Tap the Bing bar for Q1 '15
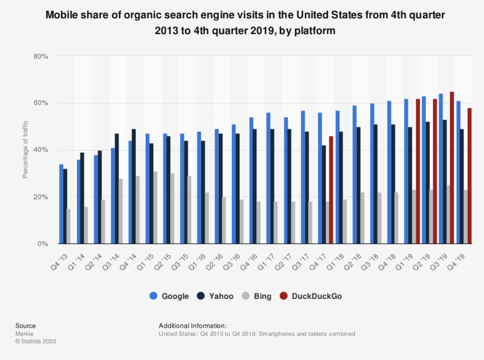(x=155, y=208)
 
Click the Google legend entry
(x=169, y=296)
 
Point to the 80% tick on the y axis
(x=41, y=56)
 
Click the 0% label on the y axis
(x=43, y=244)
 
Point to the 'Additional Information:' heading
(x=193, y=326)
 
